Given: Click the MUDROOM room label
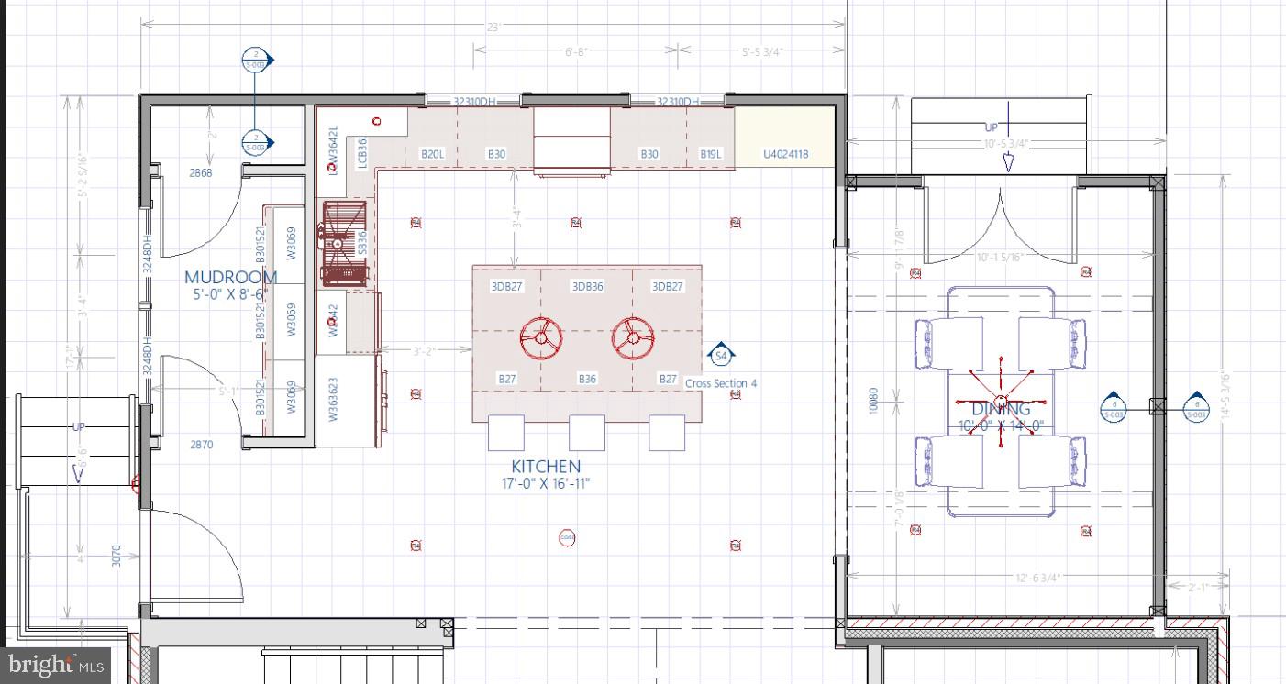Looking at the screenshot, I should click(x=230, y=277).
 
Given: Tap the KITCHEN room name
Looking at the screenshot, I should click(x=546, y=467).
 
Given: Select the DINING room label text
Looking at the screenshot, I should click(x=1001, y=409).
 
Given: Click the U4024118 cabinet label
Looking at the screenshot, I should click(x=785, y=155).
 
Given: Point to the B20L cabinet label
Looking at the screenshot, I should click(x=432, y=155).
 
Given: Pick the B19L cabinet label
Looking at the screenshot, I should click(x=710, y=155).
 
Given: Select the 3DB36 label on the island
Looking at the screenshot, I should click(x=587, y=287).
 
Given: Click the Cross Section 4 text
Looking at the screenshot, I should click(x=721, y=383).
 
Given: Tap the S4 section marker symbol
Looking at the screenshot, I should click(x=721, y=355).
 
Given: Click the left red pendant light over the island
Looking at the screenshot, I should click(x=541, y=337).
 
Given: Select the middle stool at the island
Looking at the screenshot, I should click(x=587, y=433).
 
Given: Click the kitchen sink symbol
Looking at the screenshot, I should click(x=344, y=243).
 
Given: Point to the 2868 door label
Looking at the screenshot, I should click(x=201, y=172).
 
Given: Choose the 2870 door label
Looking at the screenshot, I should click(x=201, y=445).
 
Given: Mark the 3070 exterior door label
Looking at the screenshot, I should click(x=116, y=556).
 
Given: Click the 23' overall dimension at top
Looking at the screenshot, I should click(x=493, y=28).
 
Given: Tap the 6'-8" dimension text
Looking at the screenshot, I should click(x=576, y=52).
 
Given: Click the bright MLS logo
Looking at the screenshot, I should click(x=55, y=664).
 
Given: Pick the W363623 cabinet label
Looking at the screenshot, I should click(x=334, y=399).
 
